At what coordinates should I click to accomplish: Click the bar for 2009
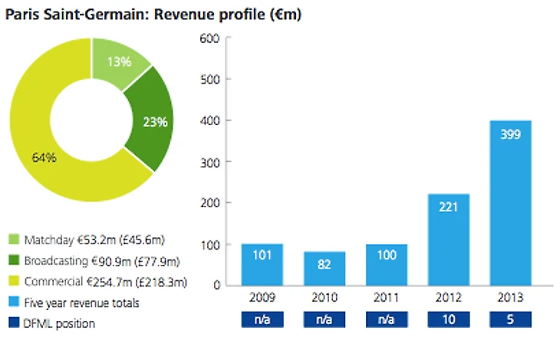point(262,264)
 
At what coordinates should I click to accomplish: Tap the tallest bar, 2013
point(509,203)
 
